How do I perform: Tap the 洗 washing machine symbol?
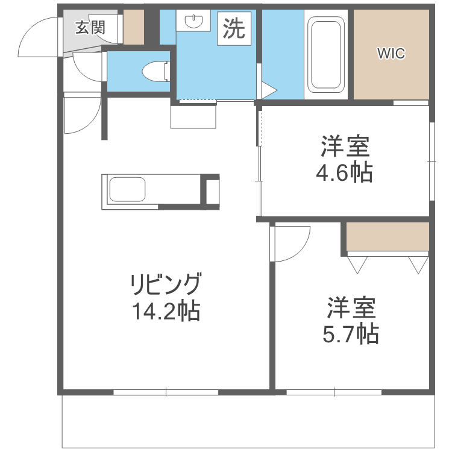pyautogui.click(x=234, y=28)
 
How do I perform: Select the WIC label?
pyautogui.click(x=391, y=54)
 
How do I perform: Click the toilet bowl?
pyautogui.click(x=155, y=72)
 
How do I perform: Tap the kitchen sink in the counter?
pyautogui.click(x=127, y=191)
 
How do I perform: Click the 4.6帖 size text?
pyautogui.click(x=344, y=174)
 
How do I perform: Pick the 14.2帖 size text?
pyautogui.click(x=166, y=310)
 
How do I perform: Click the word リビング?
pyautogui.click(x=166, y=283)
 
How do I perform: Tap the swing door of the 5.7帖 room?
pyautogui.click(x=290, y=243)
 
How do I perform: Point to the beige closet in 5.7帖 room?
pyautogui.click(x=388, y=237)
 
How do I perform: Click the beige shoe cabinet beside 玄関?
pyautogui.click(x=134, y=27)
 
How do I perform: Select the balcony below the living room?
pyautogui.click(x=247, y=421)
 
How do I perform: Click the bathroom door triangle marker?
pyautogui.click(x=267, y=90)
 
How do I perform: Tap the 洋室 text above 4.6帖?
pyautogui.click(x=344, y=147)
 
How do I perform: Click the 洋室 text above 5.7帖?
pyautogui.click(x=351, y=307)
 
